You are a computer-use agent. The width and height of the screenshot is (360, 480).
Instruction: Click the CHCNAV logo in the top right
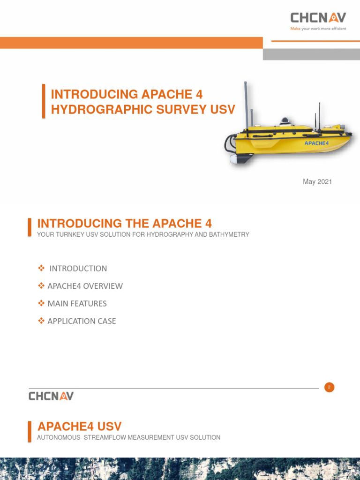(x=318, y=18)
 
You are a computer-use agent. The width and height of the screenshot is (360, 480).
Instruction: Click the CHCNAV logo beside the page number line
(x=51, y=396)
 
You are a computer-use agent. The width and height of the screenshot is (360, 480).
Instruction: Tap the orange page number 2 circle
(x=329, y=387)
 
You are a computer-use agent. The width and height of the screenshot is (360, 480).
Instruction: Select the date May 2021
(x=317, y=182)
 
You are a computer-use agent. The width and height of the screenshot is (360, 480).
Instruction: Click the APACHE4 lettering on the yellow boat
(x=316, y=143)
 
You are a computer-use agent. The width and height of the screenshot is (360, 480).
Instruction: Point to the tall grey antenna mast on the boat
(x=245, y=105)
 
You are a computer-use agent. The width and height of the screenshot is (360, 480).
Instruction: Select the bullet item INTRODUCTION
(x=78, y=269)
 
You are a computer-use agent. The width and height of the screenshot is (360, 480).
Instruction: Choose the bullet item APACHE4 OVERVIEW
(x=85, y=286)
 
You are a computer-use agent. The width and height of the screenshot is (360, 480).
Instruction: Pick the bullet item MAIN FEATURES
(x=77, y=304)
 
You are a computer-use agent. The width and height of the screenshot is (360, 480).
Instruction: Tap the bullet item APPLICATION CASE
(x=82, y=321)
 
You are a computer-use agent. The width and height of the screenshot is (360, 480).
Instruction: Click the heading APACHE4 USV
(x=79, y=427)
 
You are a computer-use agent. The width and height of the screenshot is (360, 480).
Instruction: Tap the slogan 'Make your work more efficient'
(x=318, y=29)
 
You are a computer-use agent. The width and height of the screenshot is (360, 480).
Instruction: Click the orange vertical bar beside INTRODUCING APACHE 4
(x=44, y=101)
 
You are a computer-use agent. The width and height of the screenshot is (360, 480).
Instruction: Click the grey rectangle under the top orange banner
(x=311, y=54)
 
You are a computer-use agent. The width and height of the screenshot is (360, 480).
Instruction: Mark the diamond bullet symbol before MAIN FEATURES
(x=41, y=304)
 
